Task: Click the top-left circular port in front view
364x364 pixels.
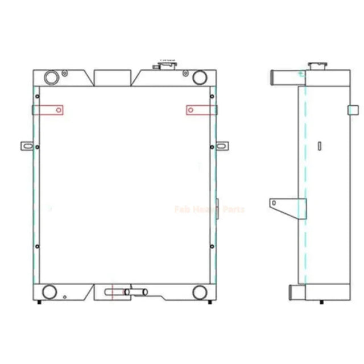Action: pos(51,76)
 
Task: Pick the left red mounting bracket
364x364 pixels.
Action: pos(48,109)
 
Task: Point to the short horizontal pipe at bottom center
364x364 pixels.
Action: pos(136,292)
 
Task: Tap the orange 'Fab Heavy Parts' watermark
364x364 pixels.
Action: pos(210,210)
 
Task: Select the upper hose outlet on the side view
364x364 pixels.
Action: pos(279,75)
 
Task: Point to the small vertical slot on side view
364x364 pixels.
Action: pos(320,146)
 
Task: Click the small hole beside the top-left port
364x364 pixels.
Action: pos(65,73)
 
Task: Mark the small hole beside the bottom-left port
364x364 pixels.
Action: pos(65,296)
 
